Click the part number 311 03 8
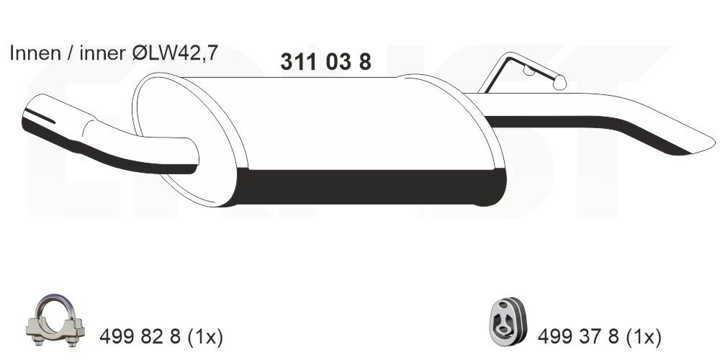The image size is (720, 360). pos(325,63)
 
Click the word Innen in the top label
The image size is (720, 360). pos(30,53)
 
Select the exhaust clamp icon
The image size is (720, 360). pos(57,322)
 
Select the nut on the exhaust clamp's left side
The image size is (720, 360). pos(35,330)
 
